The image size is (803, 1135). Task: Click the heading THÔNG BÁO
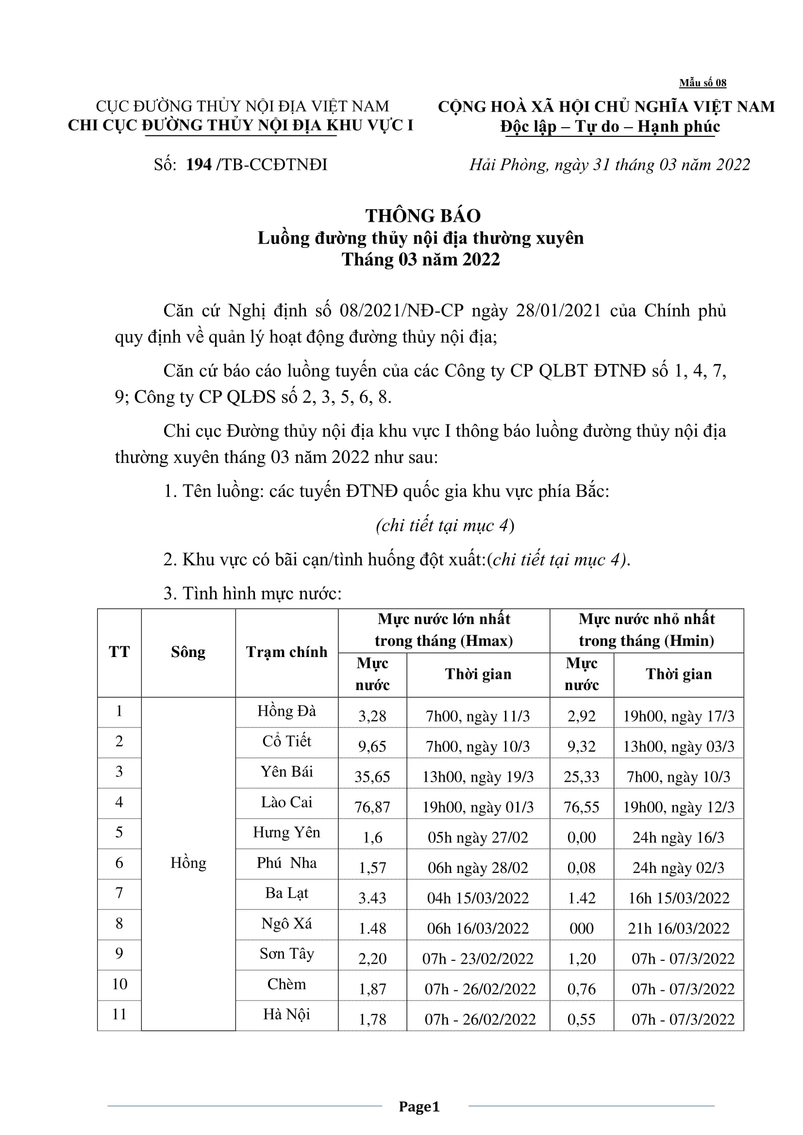click(423, 215)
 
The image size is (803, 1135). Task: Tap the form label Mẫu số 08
click(702, 83)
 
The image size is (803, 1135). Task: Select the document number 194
click(199, 164)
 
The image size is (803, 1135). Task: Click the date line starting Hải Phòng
click(609, 164)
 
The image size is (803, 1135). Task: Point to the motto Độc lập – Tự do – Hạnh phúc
click(610, 127)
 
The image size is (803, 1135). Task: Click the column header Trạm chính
click(287, 652)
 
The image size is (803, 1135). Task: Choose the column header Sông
click(188, 652)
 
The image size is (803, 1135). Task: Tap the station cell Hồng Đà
click(286, 711)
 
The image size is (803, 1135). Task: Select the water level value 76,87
click(372, 807)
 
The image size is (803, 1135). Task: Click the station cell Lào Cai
click(286, 802)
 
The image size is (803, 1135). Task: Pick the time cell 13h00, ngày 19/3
click(478, 776)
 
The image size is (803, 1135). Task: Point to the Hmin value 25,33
click(582, 776)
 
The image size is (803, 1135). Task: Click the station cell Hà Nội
click(286, 1014)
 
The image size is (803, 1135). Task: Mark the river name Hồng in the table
click(188, 863)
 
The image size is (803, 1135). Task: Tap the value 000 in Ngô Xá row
click(582, 928)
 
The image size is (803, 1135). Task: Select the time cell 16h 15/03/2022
click(678, 898)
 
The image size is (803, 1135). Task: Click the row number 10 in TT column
click(119, 984)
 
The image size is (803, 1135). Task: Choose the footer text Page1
click(419, 1106)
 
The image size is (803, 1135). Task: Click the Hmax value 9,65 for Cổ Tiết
click(372, 746)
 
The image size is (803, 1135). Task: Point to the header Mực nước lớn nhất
click(444, 619)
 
